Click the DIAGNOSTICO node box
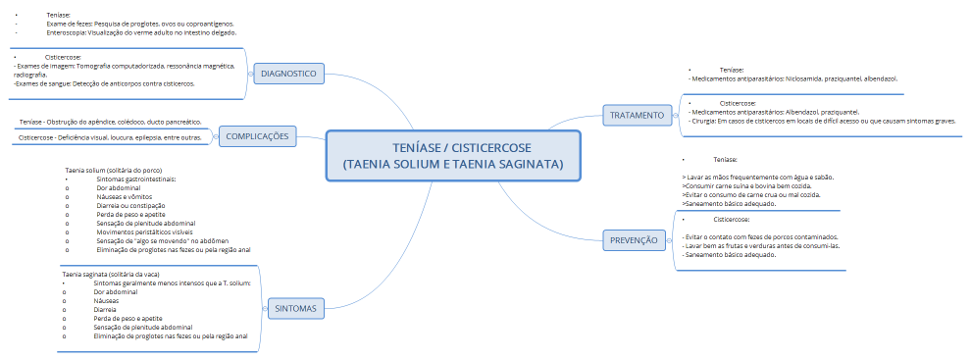pos(287,73)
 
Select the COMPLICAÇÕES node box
pos(258,136)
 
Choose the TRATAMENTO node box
pos(637,115)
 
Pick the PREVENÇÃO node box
pos(634,239)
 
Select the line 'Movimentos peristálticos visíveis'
pos(144,232)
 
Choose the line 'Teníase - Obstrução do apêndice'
pos(110,122)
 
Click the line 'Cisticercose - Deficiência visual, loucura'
pos(110,137)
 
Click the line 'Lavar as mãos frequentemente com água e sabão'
pos(757,177)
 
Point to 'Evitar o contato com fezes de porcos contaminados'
pos(760,236)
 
